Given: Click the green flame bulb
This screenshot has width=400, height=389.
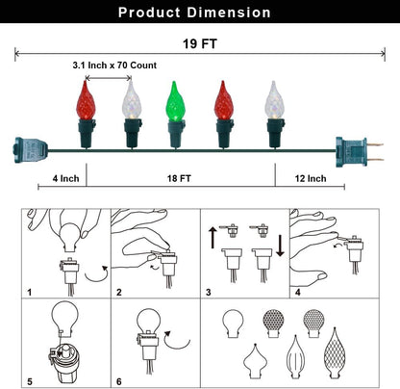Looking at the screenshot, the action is coord(175,101).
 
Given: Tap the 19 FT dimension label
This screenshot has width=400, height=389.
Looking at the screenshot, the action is coord(200,43).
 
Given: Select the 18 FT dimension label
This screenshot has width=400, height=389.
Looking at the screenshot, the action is coord(179,178).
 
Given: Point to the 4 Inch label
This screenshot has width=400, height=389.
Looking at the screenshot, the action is coord(65,178).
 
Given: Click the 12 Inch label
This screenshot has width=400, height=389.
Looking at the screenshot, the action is coord(311,178).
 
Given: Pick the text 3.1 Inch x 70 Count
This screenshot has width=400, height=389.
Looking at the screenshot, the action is coord(114,65).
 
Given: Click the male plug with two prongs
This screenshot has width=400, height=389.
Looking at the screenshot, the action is coord(359,151).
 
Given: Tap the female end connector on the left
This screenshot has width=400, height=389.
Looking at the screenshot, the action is coord(30,150).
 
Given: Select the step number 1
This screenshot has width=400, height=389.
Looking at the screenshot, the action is coord(30,292).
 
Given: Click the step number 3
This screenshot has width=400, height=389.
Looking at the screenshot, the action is coord(209,292).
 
